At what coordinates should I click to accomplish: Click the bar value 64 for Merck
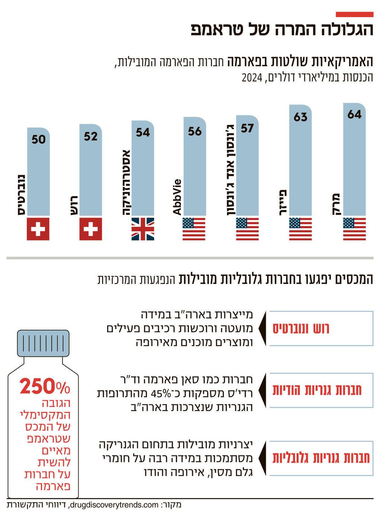354,114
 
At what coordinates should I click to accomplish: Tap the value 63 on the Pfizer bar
300,117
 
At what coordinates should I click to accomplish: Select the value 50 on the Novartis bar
38,139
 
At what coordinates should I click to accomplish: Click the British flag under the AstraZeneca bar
143,229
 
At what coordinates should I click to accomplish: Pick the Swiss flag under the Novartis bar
38,229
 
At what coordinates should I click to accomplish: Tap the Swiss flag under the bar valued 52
90,229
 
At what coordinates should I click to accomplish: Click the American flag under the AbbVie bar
194,229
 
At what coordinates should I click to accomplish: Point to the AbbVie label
177,197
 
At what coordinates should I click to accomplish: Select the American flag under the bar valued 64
354,229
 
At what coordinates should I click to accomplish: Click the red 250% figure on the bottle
45,387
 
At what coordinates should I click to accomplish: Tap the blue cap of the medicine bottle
43,343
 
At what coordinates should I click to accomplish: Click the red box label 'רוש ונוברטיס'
301,329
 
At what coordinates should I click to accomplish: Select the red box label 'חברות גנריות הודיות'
317,390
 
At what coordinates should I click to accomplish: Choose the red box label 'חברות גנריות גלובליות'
321,458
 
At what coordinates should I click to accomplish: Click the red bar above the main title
354,14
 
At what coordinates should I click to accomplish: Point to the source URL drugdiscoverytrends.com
114,505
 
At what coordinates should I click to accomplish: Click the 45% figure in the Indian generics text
160,393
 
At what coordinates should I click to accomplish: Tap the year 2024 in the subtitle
252,78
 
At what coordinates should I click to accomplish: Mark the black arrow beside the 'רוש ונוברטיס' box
262,329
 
